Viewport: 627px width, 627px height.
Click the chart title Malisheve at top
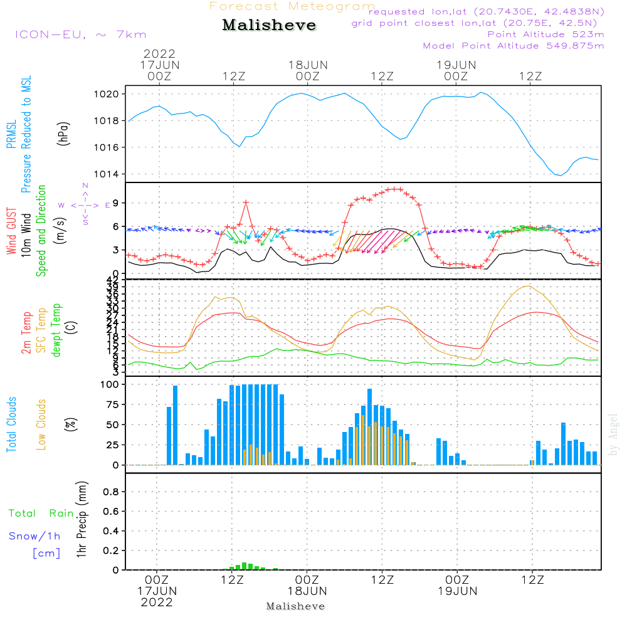click(269, 26)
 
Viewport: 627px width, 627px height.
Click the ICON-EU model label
click(80, 34)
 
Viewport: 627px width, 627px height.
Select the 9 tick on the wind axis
click(117, 203)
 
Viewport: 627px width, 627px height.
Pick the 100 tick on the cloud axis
click(110, 384)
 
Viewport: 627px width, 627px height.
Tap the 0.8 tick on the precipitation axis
click(112, 492)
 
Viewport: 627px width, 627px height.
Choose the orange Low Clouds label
click(41, 424)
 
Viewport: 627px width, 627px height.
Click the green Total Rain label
click(41, 514)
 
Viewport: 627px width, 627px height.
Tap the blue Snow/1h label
click(35, 536)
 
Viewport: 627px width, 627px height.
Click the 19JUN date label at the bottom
click(457, 591)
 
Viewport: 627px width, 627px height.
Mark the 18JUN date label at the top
click(308, 65)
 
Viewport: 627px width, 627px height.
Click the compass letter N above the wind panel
click(85, 186)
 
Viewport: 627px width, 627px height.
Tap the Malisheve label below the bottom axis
click(295, 606)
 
